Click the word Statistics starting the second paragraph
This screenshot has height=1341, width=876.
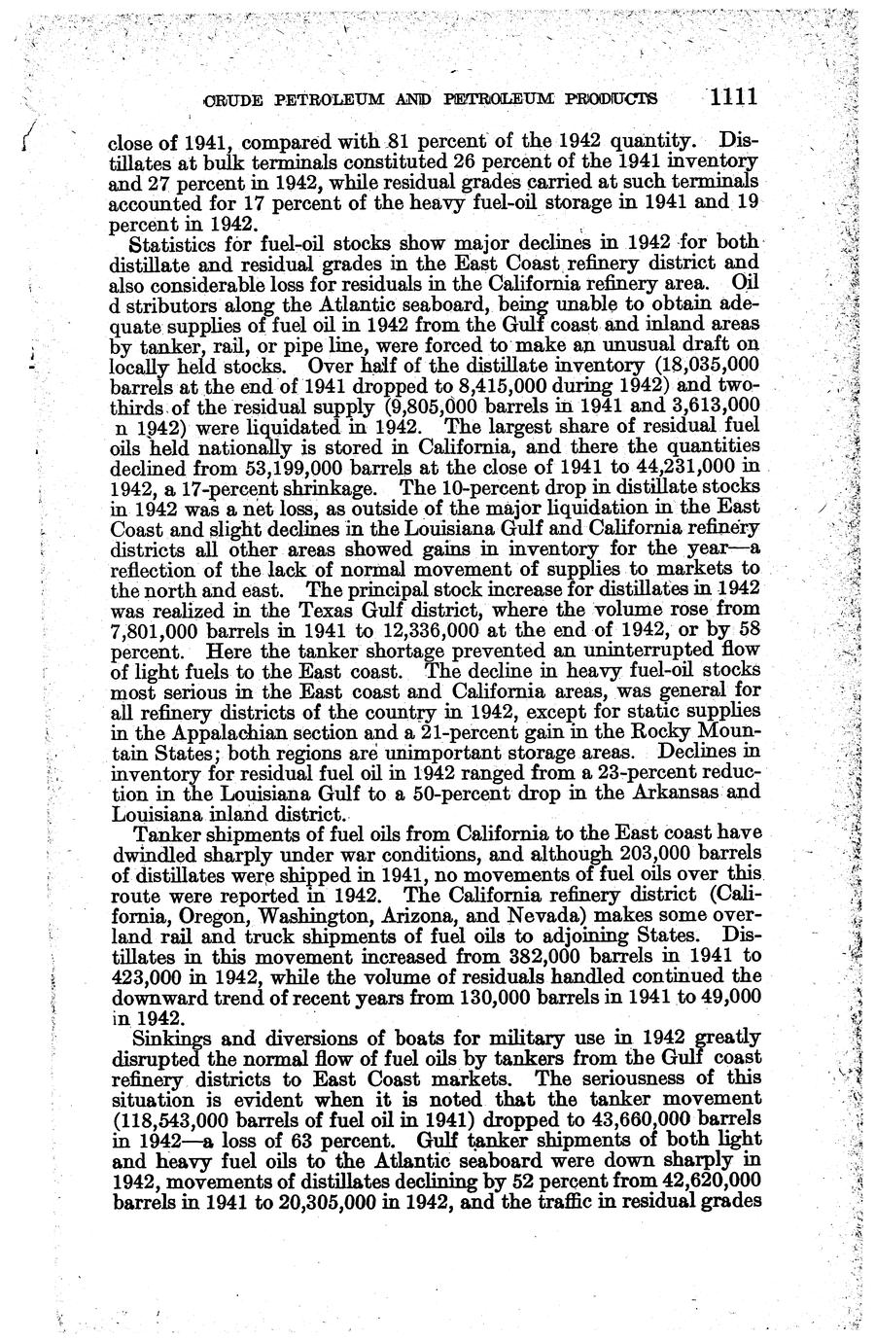pos(177,243)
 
